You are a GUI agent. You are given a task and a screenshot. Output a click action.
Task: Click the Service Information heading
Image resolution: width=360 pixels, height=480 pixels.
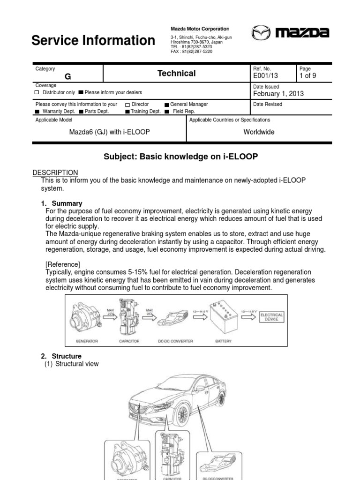point(93,41)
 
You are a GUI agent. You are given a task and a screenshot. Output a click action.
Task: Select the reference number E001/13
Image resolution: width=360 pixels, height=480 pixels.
point(266,75)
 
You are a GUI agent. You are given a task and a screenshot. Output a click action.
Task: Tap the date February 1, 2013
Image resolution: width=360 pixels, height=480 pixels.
point(278,93)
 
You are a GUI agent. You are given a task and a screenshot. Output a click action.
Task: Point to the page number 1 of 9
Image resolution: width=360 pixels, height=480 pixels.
point(308,75)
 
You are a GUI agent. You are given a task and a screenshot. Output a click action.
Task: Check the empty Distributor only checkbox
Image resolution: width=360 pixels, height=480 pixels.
point(37,92)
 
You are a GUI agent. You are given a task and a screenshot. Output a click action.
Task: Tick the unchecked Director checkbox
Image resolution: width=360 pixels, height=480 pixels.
point(128,105)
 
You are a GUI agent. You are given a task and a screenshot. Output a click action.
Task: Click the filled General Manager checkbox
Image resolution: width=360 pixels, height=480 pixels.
point(167,105)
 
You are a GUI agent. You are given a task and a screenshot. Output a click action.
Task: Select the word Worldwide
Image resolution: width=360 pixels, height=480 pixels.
point(259,132)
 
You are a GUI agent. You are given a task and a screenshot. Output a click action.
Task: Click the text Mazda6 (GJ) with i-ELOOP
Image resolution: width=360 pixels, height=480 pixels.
point(109,132)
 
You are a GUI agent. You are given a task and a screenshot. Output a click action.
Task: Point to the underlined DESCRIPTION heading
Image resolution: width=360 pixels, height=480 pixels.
point(57,172)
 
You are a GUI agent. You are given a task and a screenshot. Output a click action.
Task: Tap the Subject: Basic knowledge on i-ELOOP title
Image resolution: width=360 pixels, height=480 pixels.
point(180,157)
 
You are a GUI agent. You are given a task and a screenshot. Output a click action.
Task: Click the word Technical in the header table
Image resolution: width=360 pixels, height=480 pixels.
point(177,73)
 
